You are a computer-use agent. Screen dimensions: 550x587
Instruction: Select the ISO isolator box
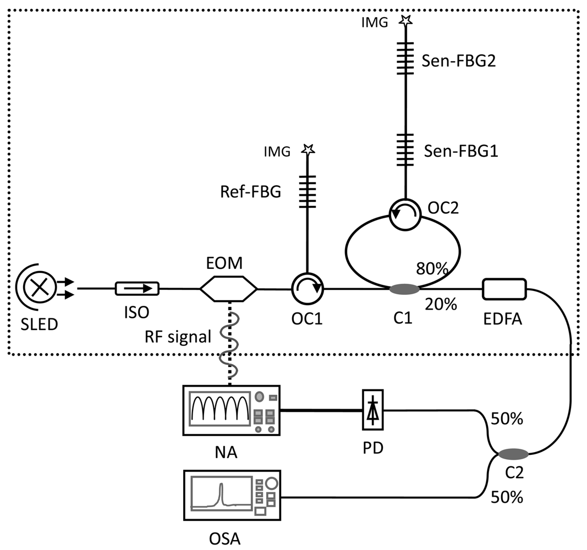pos(137,287)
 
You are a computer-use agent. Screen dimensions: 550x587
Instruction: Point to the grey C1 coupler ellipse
pos(405,288)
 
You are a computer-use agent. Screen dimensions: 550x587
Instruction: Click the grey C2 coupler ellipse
pos(513,453)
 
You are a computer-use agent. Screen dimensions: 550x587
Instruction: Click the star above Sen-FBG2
pos(406,21)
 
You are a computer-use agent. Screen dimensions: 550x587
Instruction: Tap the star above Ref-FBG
pos(308,149)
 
